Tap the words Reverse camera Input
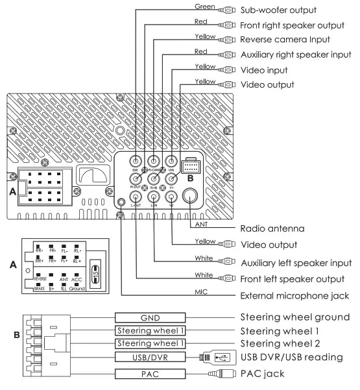pyautogui.click(x=283, y=41)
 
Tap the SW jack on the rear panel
pyautogui.click(x=136, y=161)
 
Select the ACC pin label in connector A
pyautogui.click(x=77, y=280)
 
